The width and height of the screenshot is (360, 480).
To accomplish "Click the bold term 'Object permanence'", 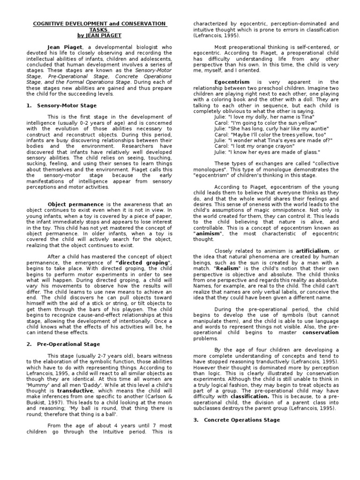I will (x=76, y=204).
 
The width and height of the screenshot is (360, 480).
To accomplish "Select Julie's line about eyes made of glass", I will (x=267, y=151).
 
